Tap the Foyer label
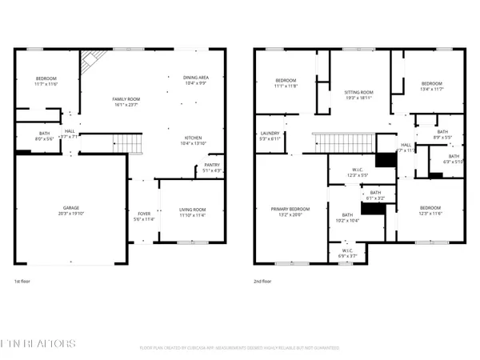144,216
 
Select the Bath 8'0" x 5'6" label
45,137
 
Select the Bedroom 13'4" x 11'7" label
432,86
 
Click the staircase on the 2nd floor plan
331,144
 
